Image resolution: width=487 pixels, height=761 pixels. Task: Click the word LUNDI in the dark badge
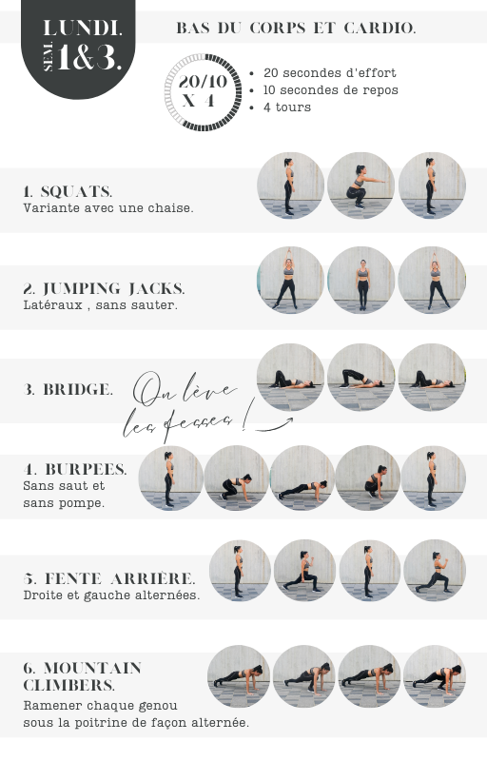[82, 28]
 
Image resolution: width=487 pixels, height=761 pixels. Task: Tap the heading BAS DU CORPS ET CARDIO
[296, 29]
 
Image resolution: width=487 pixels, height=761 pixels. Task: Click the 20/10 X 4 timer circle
[203, 92]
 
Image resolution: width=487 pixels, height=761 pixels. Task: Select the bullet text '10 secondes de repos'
[330, 90]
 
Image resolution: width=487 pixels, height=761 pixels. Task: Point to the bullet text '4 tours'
[287, 107]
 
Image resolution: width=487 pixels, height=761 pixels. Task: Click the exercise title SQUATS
[77, 192]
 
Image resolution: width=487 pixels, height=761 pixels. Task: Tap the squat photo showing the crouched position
[360, 185]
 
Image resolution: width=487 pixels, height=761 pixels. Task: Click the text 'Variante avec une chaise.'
[108, 208]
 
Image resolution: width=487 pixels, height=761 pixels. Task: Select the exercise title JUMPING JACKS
[113, 289]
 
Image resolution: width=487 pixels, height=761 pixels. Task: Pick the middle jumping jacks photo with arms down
[360, 280]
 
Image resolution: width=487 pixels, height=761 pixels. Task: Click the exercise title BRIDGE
[78, 389]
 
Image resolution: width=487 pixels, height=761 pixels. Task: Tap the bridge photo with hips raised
[360, 377]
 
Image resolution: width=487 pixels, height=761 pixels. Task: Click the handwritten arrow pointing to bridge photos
[275, 425]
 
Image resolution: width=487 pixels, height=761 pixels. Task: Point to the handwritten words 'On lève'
[185, 390]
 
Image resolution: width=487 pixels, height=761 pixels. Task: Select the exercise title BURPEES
[86, 469]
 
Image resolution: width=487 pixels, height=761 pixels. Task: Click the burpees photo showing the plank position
[302, 478]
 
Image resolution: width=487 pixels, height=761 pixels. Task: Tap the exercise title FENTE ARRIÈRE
[120, 578]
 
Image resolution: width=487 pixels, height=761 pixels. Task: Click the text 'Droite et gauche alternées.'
[111, 595]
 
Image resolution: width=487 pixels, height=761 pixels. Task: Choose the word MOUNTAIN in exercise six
[92, 669]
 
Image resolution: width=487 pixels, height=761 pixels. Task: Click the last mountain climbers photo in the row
[434, 676]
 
